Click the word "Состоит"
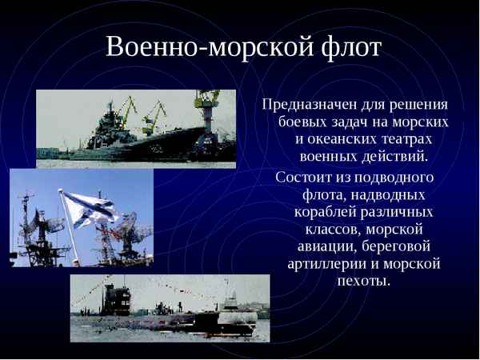tap(302, 177)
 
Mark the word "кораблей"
tap(324, 212)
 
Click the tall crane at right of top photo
tap(210, 112)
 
